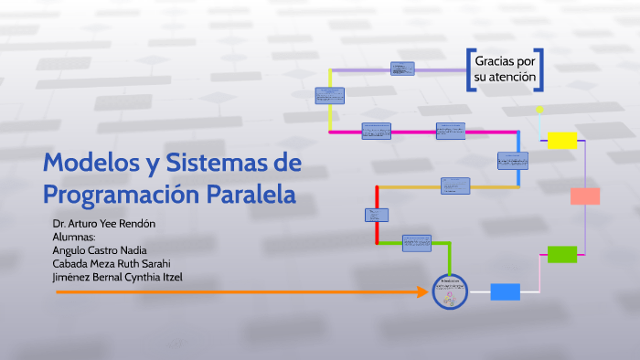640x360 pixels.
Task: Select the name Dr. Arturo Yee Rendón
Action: (x=105, y=224)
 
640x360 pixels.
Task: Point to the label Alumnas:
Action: (x=75, y=237)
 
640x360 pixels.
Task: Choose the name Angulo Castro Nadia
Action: (x=101, y=250)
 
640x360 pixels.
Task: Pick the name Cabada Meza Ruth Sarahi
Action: (x=112, y=264)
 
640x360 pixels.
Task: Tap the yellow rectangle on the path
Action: (x=562, y=140)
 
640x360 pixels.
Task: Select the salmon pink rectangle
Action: (x=584, y=196)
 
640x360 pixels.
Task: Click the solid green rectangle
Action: (x=561, y=254)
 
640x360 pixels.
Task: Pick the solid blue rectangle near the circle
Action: (x=505, y=292)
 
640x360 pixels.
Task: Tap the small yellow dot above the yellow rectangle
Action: (x=539, y=110)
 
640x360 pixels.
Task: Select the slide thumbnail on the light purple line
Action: (x=402, y=68)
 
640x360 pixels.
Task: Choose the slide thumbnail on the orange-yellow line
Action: (x=455, y=185)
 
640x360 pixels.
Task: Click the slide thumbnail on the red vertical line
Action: (x=377, y=216)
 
